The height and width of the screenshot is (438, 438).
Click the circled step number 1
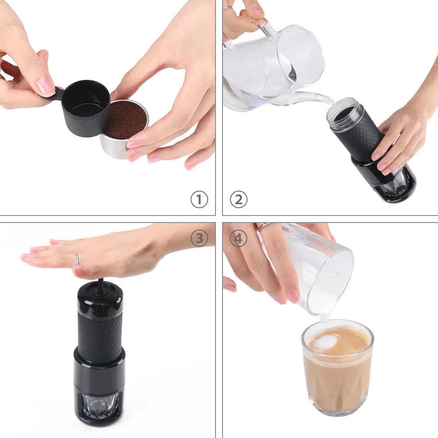click(199, 200)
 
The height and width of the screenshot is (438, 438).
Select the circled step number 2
click(239, 200)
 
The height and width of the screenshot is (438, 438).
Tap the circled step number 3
click(199, 239)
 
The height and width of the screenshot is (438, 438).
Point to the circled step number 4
click(239, 239)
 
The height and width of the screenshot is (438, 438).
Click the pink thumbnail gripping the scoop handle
click(45, 87)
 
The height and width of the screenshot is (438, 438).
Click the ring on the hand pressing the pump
click(77, 259)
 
